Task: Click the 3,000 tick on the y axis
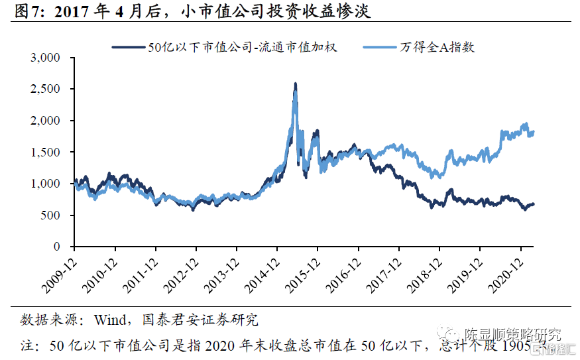[x=46, y=58]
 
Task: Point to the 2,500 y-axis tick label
[x=46, y=90]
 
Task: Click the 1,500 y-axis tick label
[x=46, y=152]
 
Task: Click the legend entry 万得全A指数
[x=437, y=47]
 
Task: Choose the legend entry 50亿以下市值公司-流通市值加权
[x=243, y=47]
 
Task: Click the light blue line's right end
[x=534, y=133]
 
